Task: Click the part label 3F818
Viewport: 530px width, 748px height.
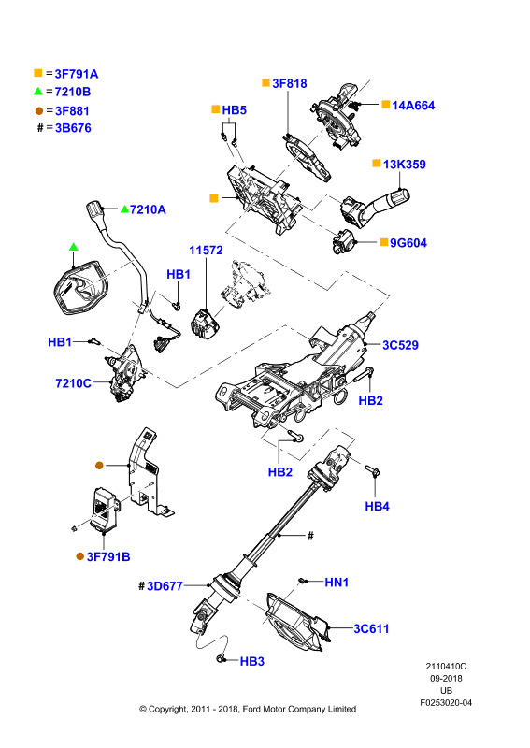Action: pyautogui.click(x=289, y=83)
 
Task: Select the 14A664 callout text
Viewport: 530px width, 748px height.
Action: pyautogui.click(x=413, y=106)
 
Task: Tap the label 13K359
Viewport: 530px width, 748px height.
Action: pyautogui.click(x=405, y=165)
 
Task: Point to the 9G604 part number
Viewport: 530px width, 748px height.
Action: pyautogui.click(x=408, y=243)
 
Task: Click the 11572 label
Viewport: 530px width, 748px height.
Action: pyautogui.click(x=206, y=250)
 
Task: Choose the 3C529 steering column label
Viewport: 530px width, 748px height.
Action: pyautogui.click(x=400, y=345)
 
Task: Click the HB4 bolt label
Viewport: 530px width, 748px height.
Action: pyautogui.click(x=377, y=506)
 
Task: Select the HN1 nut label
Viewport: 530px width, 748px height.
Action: pyautogui.click(x=337, y=582)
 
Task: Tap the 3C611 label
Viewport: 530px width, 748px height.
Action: pyautogui.click(x=371, y=628)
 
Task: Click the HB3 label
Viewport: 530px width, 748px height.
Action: pyautogui.click(x=251, y=661)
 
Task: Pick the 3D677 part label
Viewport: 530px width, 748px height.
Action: pyautogui.click(x=165, y=586)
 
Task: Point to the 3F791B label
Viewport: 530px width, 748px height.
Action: pyautogui.click(x=108, y=556)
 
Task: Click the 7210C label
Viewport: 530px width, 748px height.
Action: pyautogui.click(x=74, y=383)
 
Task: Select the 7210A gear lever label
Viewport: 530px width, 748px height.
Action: pyautogui.click(x=148, y=209)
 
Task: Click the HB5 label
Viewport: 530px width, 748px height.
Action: pyautogui.click(x=235, y=110)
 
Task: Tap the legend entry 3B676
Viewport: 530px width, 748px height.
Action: pyautogui.click(x=73, y=128)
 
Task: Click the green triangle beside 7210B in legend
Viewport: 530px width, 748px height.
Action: pyautogui.click(x=38, y=91)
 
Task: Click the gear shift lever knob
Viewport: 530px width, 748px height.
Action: pyautogui.click(x=95, y=209)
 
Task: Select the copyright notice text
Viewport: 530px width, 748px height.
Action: pyautogui.click(x=248, y=709)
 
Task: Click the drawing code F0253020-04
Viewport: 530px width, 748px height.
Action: pyautogui.click(x=446, y=703)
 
